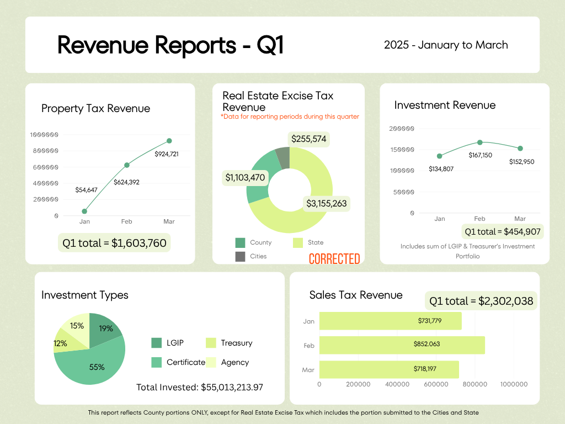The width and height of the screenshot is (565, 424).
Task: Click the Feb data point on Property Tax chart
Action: (x=127, y=165)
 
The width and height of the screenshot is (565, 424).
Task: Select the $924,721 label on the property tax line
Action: (x=166, y=154)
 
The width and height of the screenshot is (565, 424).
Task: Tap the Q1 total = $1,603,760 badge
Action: (x=114, y=242)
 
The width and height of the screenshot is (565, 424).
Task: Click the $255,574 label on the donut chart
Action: (x=309, y=139)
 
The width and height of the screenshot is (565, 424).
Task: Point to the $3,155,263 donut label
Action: (x=327, y=203)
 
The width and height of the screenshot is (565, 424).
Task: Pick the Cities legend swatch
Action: (x=240, y=256)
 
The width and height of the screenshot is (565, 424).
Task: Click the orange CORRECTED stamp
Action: (x=334, y=259)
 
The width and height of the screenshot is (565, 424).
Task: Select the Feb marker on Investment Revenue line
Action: (x=480, y=142)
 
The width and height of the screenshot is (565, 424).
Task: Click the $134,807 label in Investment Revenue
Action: (x=441, y=169)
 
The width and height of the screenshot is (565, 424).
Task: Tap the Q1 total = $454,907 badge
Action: (x=503, y=231)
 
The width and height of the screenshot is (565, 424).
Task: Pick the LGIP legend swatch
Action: (x=157, y=343)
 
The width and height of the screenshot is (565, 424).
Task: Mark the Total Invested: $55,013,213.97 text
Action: (x=200, y=387)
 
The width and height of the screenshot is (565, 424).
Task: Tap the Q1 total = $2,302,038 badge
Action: (x=481, y=301)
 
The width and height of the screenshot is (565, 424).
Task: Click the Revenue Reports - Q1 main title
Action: (x=170, y=45)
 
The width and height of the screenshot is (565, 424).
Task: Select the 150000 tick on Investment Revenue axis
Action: (x=402, y=150)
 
